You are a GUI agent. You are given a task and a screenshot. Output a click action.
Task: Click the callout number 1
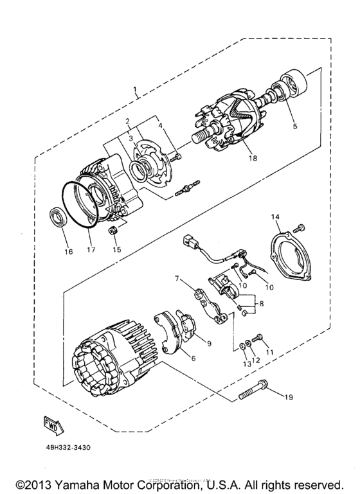135,87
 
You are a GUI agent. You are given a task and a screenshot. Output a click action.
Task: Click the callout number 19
288,398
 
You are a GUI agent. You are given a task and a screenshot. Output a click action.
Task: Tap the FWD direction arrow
51,423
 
